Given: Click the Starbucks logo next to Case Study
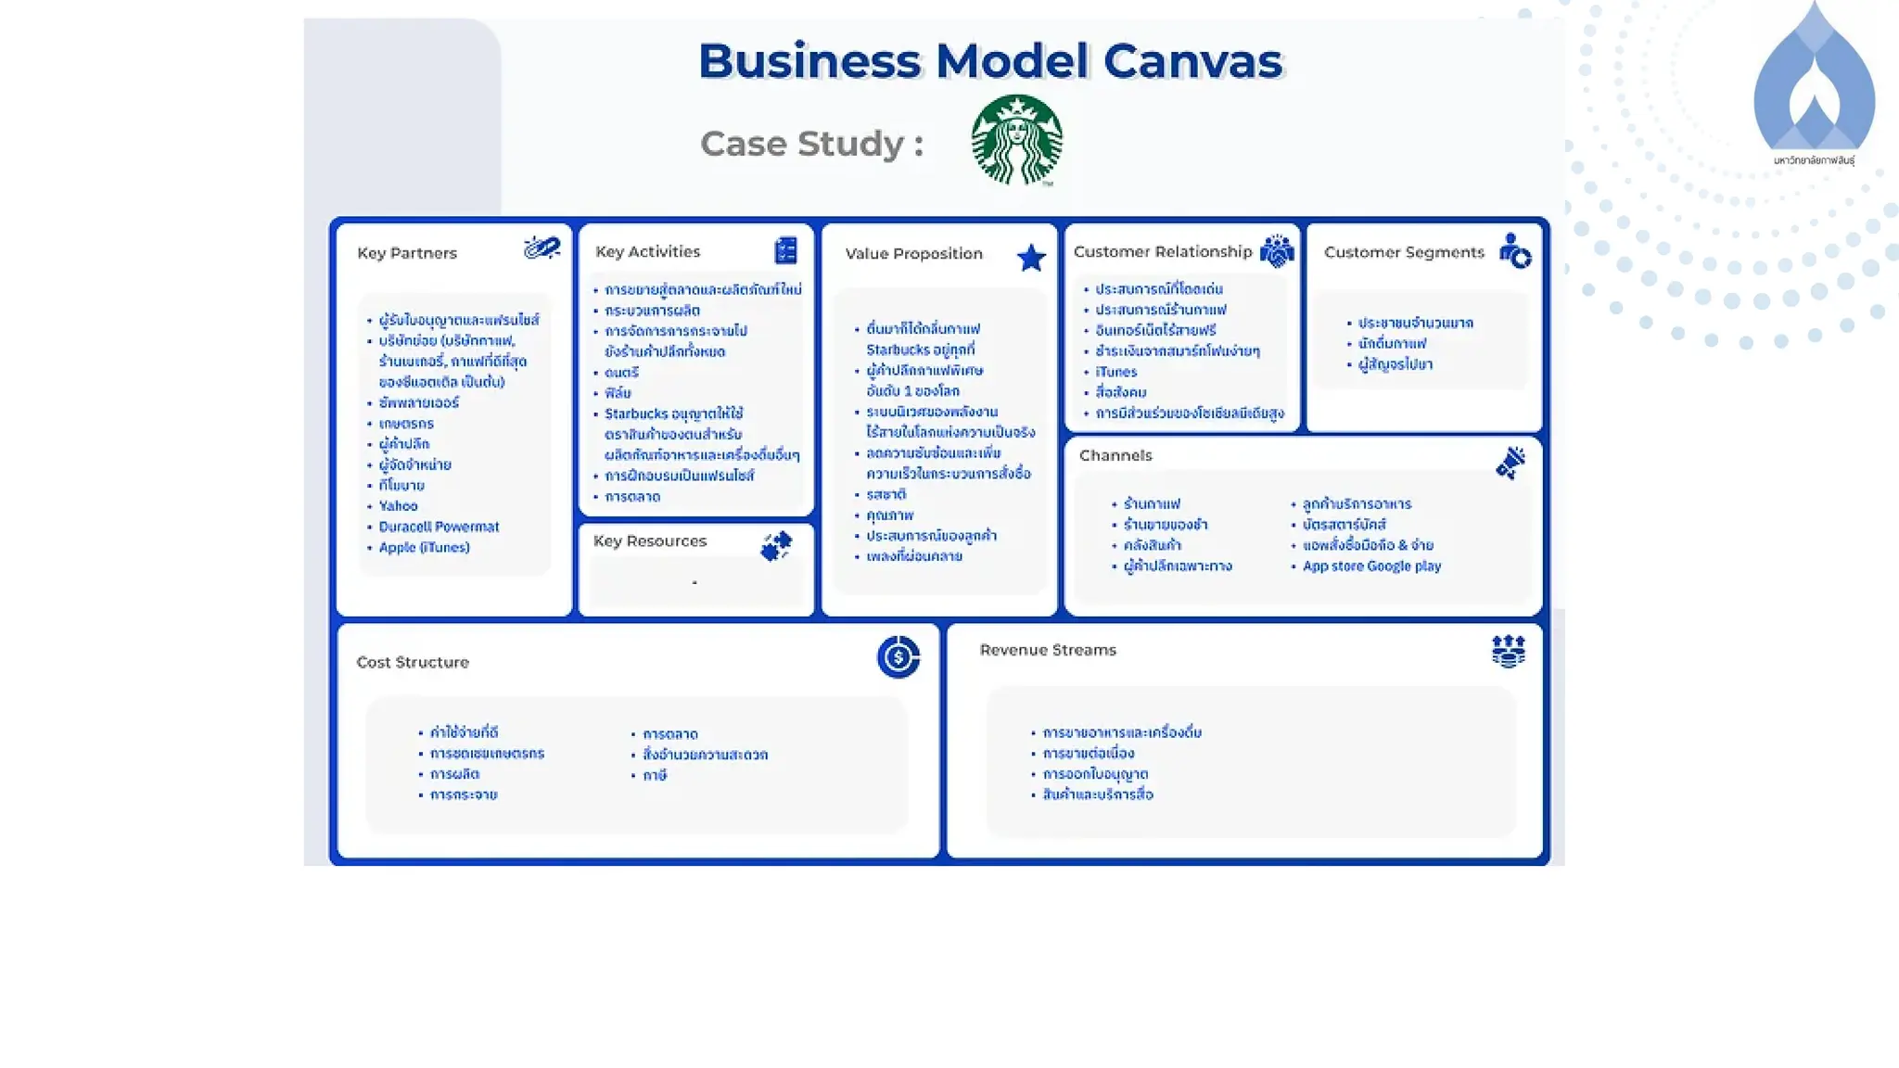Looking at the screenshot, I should (x=1016, y=140).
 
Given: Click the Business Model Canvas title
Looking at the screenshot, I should (x=989, y=61).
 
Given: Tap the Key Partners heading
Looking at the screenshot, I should (x=407, y=253).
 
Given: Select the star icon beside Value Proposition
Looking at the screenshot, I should (x=1031, y=258).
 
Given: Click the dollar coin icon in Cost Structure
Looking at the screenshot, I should (x=898, y=657).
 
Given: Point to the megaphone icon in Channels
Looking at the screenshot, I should (x=1510, y=463).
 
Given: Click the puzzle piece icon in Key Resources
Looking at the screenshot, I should (x=776, y=546).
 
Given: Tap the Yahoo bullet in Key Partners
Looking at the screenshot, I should (x=398, y=506).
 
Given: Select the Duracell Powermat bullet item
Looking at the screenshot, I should (x=439, y=527).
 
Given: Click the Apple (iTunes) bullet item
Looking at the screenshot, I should (x=424, y=548).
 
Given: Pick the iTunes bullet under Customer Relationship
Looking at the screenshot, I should (x=1115, y=372).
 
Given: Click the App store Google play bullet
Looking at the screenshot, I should (x=1371, y=566).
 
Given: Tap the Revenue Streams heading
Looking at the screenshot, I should (x=1048, y=650).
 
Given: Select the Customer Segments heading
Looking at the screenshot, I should (x=1404, y=252).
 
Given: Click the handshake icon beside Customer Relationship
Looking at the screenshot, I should (x=1277, y=251).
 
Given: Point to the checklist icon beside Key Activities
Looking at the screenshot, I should (x=785, y=250).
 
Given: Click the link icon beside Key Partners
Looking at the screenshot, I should (x=542, y=248).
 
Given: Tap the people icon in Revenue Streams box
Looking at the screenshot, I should (x=1509, y=651).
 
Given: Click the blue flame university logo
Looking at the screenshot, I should (x=1814, y=83).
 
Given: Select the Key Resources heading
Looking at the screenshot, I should (x=649, y=540).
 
